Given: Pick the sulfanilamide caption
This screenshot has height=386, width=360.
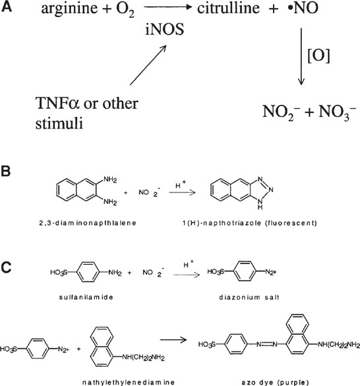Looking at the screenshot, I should coord(74,296).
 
